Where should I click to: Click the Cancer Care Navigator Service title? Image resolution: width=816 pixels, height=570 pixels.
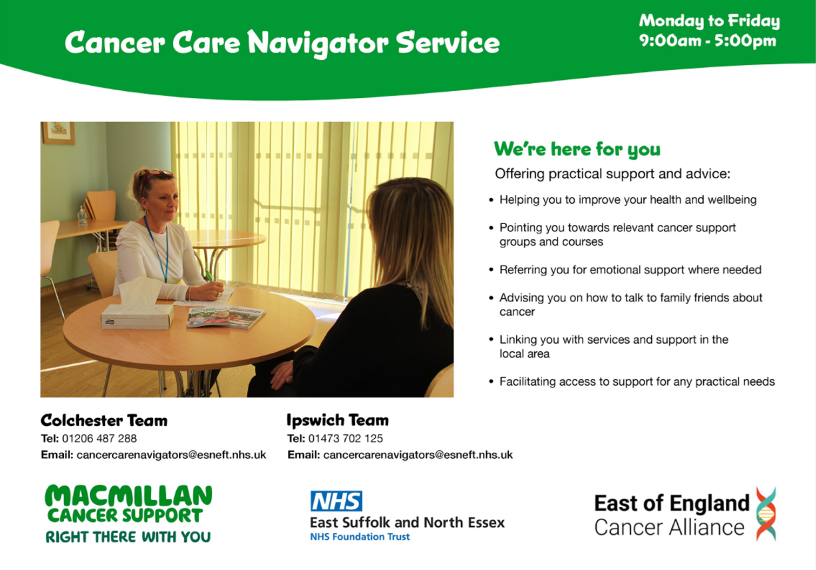coord(282,43)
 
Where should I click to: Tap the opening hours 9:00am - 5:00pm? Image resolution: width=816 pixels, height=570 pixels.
coord(707,41)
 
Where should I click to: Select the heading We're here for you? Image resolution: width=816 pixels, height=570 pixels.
coord(577,149)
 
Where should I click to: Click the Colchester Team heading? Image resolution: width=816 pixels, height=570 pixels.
coord(104,420)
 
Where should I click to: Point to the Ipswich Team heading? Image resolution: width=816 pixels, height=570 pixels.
coord(338,420)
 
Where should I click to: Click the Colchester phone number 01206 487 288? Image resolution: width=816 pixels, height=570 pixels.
coord(99,438)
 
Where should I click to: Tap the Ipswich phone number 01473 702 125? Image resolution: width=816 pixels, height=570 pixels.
coord(346,438)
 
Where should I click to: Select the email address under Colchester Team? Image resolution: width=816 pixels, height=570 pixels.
coord(171,455)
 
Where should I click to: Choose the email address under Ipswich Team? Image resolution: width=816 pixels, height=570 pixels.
coord(418,455)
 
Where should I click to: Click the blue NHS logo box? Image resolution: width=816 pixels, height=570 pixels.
coord(336,501)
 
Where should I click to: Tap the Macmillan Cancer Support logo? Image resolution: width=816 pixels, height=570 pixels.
coord(129,513)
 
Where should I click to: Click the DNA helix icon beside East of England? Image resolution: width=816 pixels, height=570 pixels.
coord(766,514)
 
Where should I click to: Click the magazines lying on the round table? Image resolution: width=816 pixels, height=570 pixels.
coord(226,317)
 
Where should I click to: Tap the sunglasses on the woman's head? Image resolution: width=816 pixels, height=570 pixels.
coord(157,174)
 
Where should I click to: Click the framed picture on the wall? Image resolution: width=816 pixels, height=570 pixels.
coord(58,132)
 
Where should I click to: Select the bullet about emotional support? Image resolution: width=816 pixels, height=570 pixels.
coord(630,270)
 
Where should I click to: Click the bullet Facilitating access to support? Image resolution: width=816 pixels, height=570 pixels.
coord(637,381)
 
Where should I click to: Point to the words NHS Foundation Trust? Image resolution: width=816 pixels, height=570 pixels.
coord(360,537)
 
